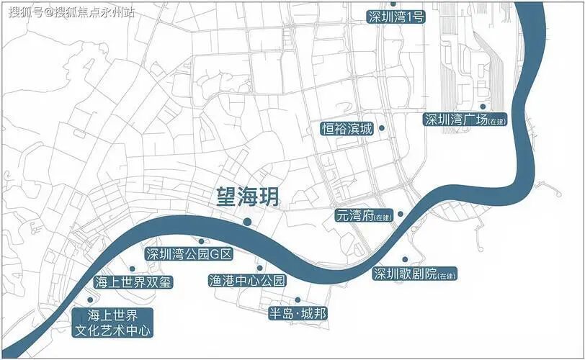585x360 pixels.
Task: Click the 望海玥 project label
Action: click(247, 197)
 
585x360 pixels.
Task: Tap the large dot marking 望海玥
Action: click(247, 221)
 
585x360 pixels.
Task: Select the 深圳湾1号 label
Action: click(394, 17)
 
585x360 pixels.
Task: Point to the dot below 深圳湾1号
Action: click(393, 4)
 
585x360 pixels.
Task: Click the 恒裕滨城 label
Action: click(347, 129)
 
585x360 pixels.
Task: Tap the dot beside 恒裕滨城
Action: click(382, 128)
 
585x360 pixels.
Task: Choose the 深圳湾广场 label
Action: click(465, 120)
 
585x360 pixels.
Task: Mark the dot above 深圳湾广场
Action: click(483, 107)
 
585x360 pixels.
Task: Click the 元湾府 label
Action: click(365, 215)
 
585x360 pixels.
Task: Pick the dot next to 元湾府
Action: click(401, 214)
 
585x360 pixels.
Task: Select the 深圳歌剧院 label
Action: click(415, 274)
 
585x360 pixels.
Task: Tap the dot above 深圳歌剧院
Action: click(405, 259)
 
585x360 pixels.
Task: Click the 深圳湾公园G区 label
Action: click(189, 253)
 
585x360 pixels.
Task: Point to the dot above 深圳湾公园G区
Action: click(201, 240)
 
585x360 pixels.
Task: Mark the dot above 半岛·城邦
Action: click(297, 300)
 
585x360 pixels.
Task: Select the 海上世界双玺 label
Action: click(134, 282)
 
